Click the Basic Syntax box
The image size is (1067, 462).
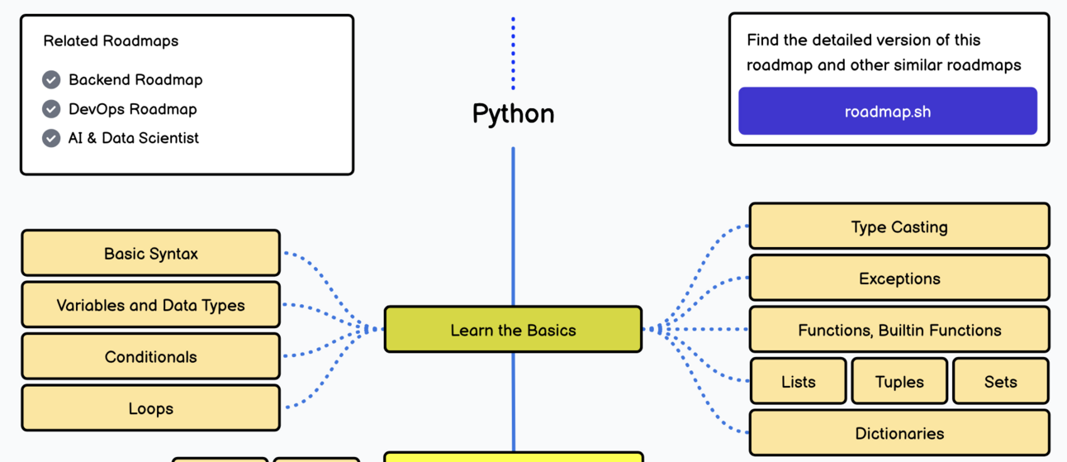click(x=150, y=254)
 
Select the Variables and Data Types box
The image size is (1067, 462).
click(x=150, y=305)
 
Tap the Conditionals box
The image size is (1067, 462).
click(x=150, y=357)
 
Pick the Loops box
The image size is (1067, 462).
click(x=150, y=408)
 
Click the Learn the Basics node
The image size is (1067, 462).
click(x=513, y=330)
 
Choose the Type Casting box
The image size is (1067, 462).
click(x=899, y=226)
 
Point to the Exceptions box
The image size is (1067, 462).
click(x=899, y=279)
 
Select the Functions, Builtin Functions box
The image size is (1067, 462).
click(x=899, y=330)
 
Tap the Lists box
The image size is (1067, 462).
click(x=798, y=382)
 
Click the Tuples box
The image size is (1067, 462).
click(x=899, y=382)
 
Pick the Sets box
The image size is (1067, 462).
click(x=1000, y=382)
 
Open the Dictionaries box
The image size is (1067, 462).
click(x=899, y=433)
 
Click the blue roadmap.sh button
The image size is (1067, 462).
click(x=887, y=112)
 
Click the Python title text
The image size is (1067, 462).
click(x=513, y=113)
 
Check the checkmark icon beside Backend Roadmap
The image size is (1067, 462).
click(x=51, y=79)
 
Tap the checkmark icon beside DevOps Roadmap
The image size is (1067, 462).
click(x=51, y=109)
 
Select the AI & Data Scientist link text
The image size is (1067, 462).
click(x=134, y=138)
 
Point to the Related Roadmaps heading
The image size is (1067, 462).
click(x=111, y=40)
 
